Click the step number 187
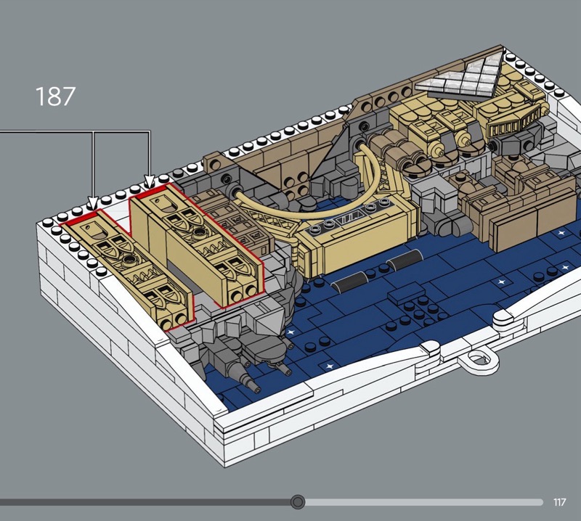(55, 97)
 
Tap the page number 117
(559, 502)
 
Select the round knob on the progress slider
(298, 501)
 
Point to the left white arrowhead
(93, 203)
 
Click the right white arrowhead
(150, 181)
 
